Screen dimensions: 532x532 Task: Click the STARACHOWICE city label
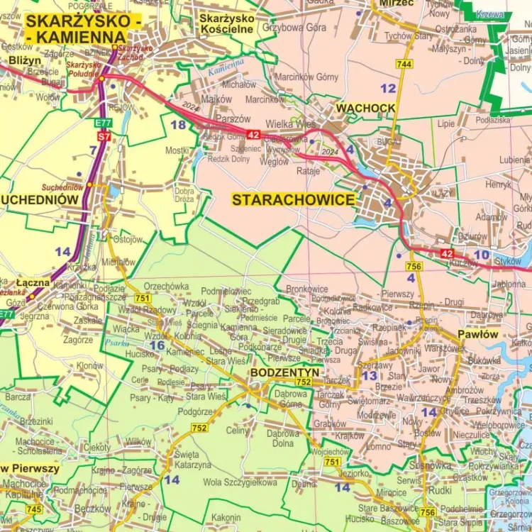[x=293, y=200]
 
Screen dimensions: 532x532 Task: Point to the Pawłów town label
[x=477, y=333]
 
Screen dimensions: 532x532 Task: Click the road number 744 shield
[x=404, y=65]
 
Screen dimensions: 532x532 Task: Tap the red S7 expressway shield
[x=104, y=135]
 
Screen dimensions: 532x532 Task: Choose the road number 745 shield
[x=33, y=509]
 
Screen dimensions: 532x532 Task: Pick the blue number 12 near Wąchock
[x=388, y=88]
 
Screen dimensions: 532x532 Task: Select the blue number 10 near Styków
[x=482, y=254]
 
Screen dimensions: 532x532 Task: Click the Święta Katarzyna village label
[x=192, y=460]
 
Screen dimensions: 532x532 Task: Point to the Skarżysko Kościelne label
[x=227, y=23]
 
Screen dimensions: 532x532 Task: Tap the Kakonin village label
[x=226, y=517]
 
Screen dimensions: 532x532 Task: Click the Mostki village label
[x=177, y=150]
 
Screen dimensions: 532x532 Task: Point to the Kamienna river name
[x=226, y=67]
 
